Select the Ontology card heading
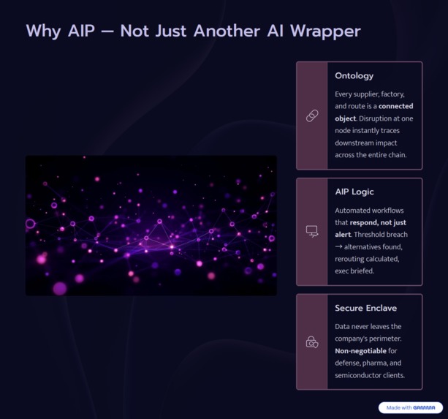[354, 76]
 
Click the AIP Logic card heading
[354, 192]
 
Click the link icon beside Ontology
[312, 116]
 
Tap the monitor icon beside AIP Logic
[312, 232]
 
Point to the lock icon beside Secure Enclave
[312, 342]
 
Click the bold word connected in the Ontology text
[395, 106]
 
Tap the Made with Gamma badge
[411, 408]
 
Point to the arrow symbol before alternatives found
[339, 247]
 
